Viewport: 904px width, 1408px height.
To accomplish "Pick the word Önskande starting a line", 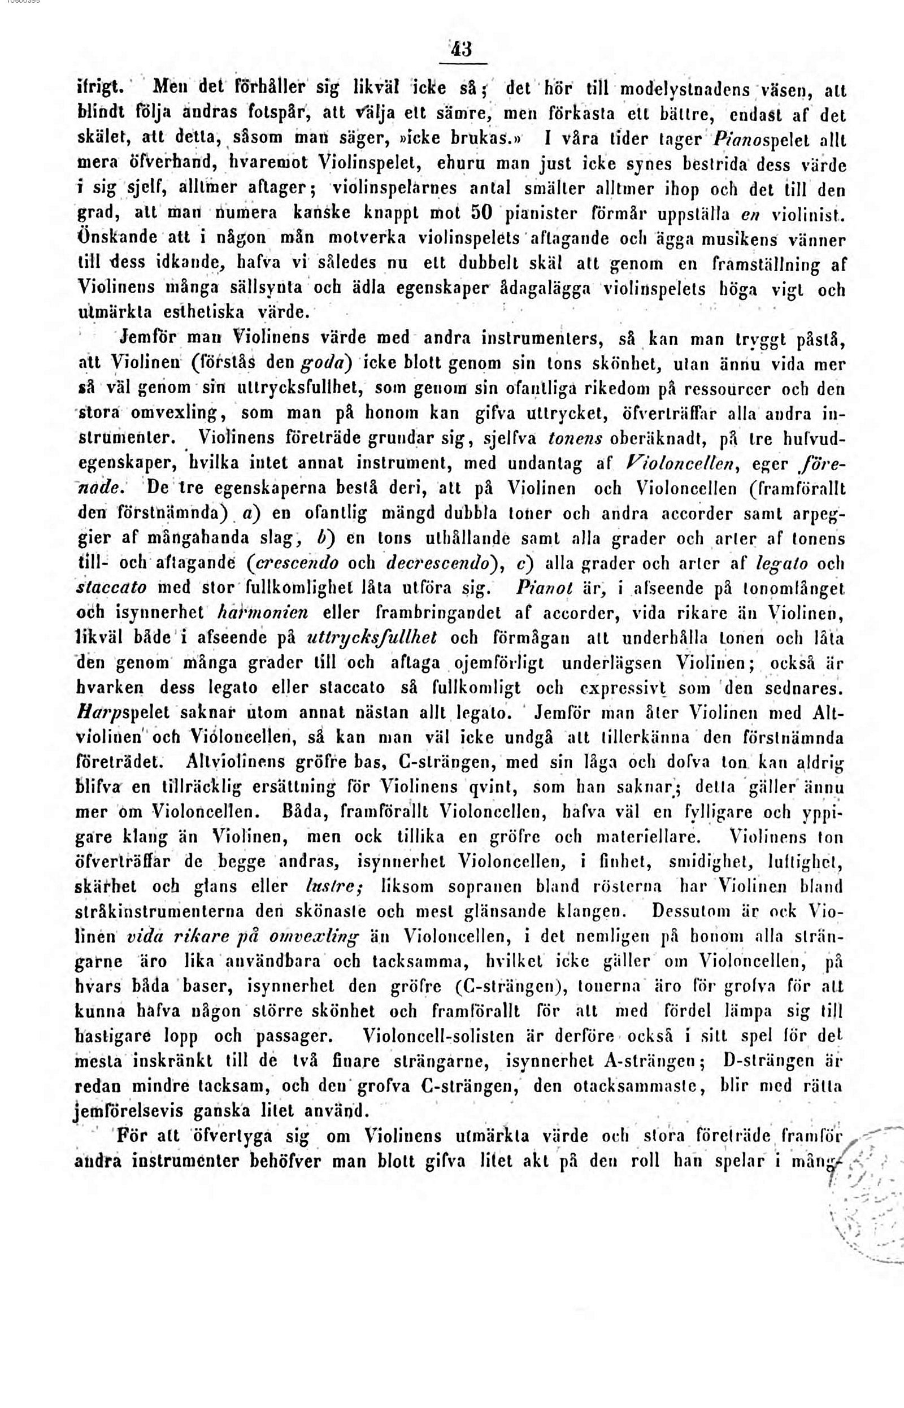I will tap(114, 240).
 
